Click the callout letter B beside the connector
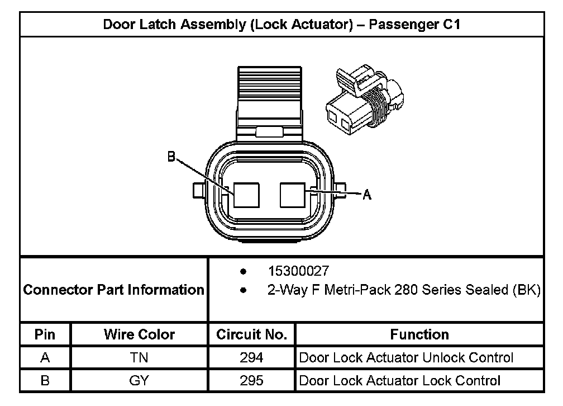click(x=171, y=157)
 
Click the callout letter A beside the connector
click(x=367, y=195)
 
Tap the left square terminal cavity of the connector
click(x=247, y=196)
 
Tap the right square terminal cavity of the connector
click(x=293, y=196)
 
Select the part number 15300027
click(x=299, y=271)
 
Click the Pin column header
click(x=45, y=334)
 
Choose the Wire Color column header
click(x=139, y=334)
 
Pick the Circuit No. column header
click(x=251, y=334)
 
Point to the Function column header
click(x=419, y=334)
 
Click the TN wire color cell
click(x=139, y=358)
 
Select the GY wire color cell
click(x=139, y=381)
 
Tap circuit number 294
click(x=251, y=358)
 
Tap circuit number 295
click(x=251, y=381)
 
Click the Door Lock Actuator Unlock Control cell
click(x=407, y=358)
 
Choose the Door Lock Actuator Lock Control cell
click(x=400, y=381)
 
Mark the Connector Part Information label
click(x=114, y=290)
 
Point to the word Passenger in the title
click(x=399, y=25)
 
